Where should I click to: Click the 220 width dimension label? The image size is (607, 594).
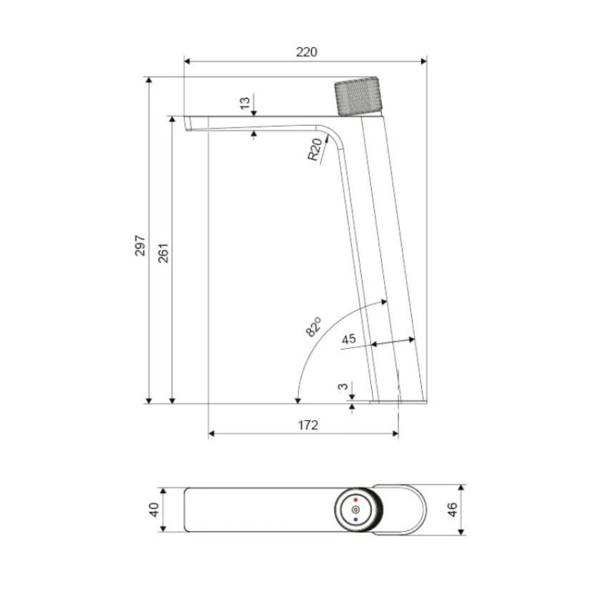[x=307, y=52]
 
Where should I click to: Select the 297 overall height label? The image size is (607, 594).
[x=140, y=245]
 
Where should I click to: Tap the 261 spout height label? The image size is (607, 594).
[x=163, y=253]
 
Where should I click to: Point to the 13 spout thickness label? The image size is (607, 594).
[x=245, y=103]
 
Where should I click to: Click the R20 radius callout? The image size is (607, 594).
[x=315, y=149]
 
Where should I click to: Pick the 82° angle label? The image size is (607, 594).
[x=313, y=327]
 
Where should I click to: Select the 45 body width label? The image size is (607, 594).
[x=349, y=339]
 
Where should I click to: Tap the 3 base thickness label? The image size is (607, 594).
[x=343, y=387]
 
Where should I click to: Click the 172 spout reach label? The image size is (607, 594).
[x=308, y=426]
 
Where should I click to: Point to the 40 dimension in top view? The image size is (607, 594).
[x=154, y=509]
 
